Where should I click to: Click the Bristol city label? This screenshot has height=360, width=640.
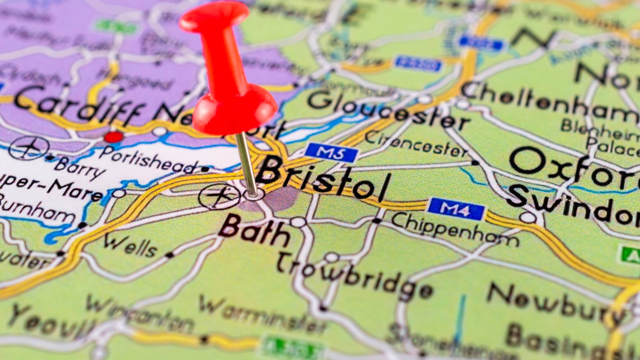tap(323, 180)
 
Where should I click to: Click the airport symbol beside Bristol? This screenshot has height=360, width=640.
tap(219, 197)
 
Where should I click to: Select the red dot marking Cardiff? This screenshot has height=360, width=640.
tap(114, 137)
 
